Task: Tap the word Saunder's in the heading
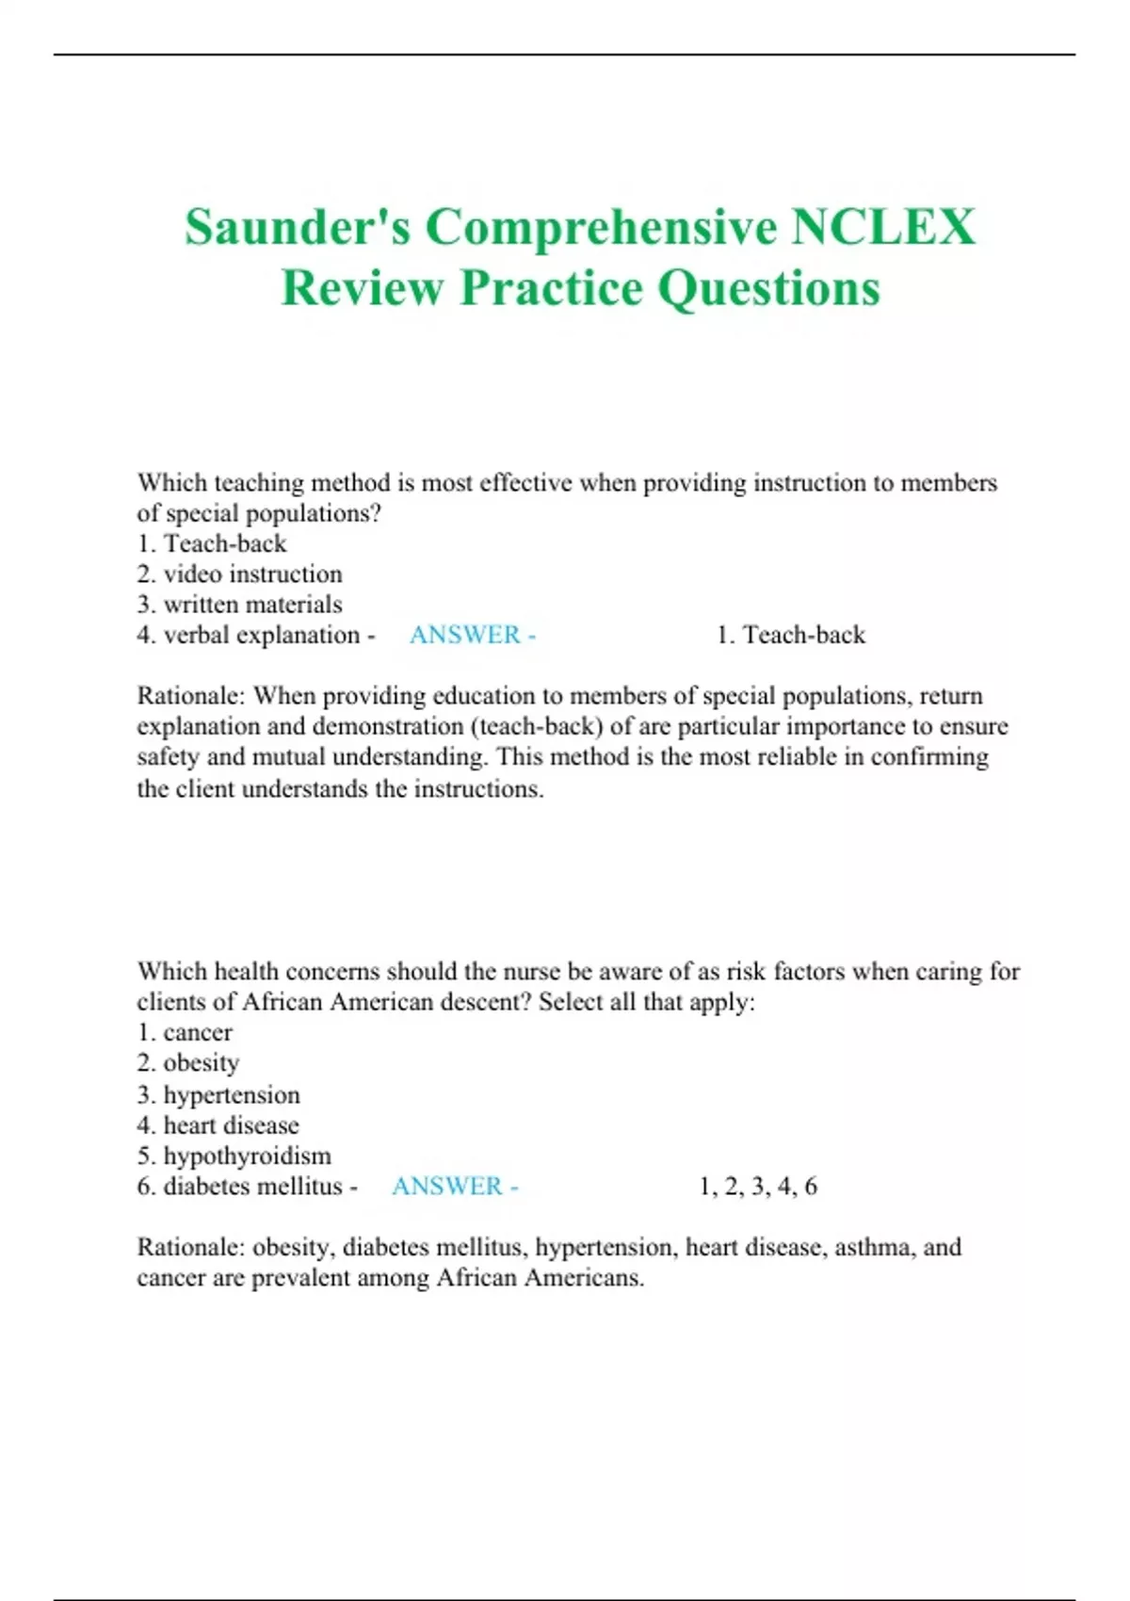pos(298,228)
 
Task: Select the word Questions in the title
pos(768,288)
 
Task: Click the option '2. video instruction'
pos(239,574)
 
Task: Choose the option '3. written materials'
pos(239,605)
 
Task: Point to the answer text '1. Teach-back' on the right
pos(790,635)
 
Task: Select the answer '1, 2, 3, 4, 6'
pos(758,1186)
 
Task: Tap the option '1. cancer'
pos(185,1032)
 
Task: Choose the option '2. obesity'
pos(188,1063)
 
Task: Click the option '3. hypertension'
pos(218,1094)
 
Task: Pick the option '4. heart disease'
pos(218,1124)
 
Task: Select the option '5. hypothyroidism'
pos(234,1156)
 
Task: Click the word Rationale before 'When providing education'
pos(191,696)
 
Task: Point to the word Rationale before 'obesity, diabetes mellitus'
pos(191,1247)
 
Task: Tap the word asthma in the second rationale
pos(871,1247)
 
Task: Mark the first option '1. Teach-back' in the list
pos(212,543)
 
